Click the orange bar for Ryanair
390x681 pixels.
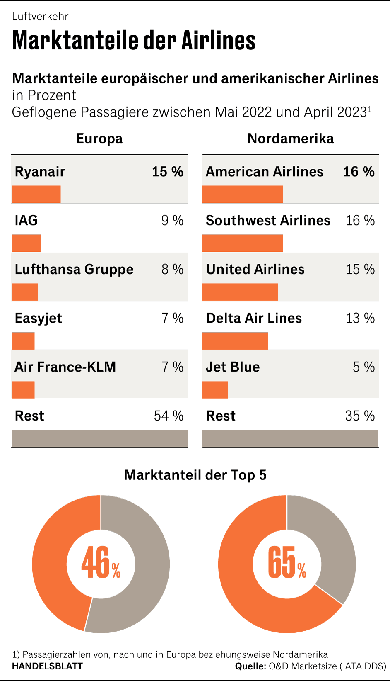(x=36, y=194)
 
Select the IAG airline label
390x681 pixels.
(x=26, y=220)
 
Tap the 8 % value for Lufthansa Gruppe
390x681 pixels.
(x=172, y=269)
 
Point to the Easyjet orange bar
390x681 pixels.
(x=23, y=341)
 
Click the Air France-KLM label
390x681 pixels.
(x=65, y=367)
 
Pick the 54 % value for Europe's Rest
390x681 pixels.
(x=169, y=416)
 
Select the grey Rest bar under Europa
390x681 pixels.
(x=99, y=439)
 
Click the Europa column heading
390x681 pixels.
(x=99, y=139)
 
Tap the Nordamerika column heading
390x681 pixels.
(x=291, y=139)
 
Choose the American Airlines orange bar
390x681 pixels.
(x=243, y=194)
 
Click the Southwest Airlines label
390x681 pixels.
(x=268, y=220)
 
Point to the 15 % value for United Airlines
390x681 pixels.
(x=360, y=269)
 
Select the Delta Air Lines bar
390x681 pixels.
(x=235, y=341)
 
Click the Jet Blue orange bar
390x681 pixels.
(x=215, y=390)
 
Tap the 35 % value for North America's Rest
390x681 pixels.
(x=360, y=416)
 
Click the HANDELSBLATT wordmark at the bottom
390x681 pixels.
(x=48, y=666)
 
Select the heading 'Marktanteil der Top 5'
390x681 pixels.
(x=195, y=475)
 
